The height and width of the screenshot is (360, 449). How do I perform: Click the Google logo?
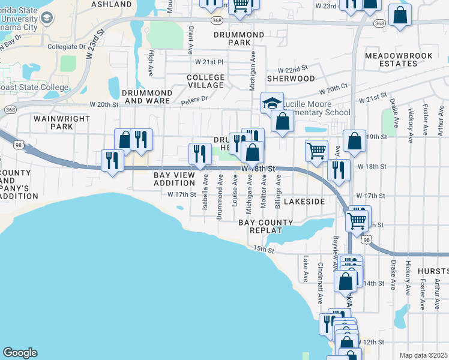[20, 353]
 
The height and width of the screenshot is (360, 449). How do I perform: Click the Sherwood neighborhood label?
[291, 79]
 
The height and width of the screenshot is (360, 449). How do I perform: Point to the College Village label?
[205, 82]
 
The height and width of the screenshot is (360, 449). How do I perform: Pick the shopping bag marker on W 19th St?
[355, 141]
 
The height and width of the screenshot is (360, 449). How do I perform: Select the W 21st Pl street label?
[208, 62]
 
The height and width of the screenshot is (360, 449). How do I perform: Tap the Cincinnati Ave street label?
[321, 274]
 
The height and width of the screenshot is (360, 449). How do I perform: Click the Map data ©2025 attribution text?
[423, 355]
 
